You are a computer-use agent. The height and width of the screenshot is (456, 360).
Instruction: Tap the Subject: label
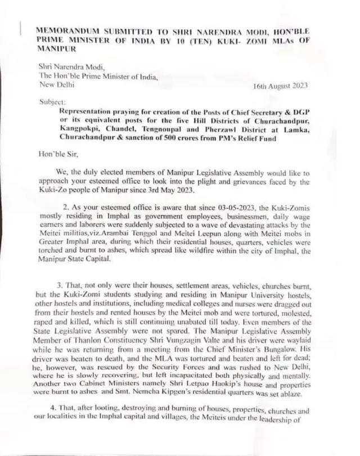52,102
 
